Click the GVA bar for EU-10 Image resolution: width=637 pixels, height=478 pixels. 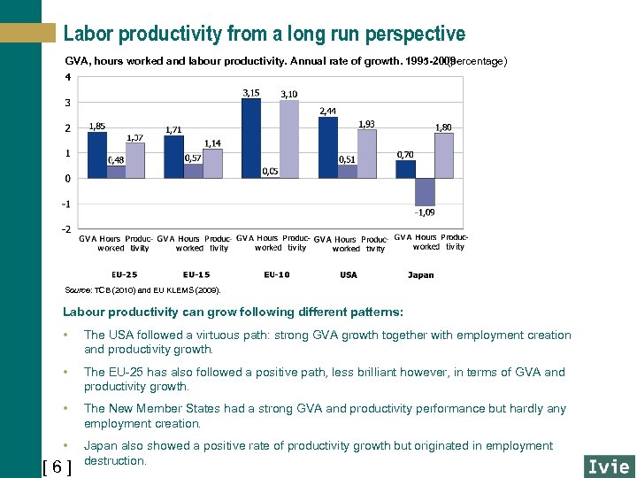251,138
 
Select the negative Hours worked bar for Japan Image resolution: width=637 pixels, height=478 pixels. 425,191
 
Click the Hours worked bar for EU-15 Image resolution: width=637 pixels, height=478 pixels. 193,171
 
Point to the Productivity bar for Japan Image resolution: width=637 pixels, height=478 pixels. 444,156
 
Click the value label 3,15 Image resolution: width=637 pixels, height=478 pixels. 251,92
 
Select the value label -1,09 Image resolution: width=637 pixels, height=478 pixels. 425,212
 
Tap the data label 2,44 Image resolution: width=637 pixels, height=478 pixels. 327,111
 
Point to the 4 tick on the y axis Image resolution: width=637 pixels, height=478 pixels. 68,77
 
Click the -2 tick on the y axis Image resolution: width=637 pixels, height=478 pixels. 66,229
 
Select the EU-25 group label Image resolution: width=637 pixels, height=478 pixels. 124,274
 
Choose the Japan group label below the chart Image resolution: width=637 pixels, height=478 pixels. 420,274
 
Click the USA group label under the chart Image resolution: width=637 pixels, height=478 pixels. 349,274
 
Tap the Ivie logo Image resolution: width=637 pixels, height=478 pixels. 608,466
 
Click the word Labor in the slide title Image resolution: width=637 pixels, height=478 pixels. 88,34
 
